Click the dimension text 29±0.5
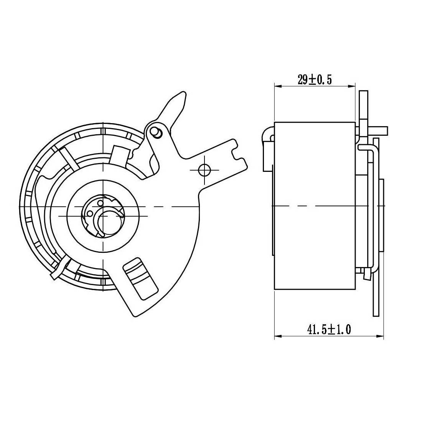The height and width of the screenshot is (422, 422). click(314, 80)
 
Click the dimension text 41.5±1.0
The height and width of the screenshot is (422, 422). click(329, 329)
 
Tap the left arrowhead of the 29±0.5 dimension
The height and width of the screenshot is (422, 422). click(278, 86)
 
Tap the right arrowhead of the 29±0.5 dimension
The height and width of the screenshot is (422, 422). click(352, 86)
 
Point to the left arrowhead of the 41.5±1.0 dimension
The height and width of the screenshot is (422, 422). click(278, 336)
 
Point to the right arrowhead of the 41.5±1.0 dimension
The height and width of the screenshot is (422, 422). click(380, 336)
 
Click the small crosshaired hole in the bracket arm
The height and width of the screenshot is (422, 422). click(204, 170)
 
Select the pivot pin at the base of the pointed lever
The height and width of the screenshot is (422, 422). click(157, 132)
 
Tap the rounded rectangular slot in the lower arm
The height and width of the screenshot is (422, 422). click(140, 279)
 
